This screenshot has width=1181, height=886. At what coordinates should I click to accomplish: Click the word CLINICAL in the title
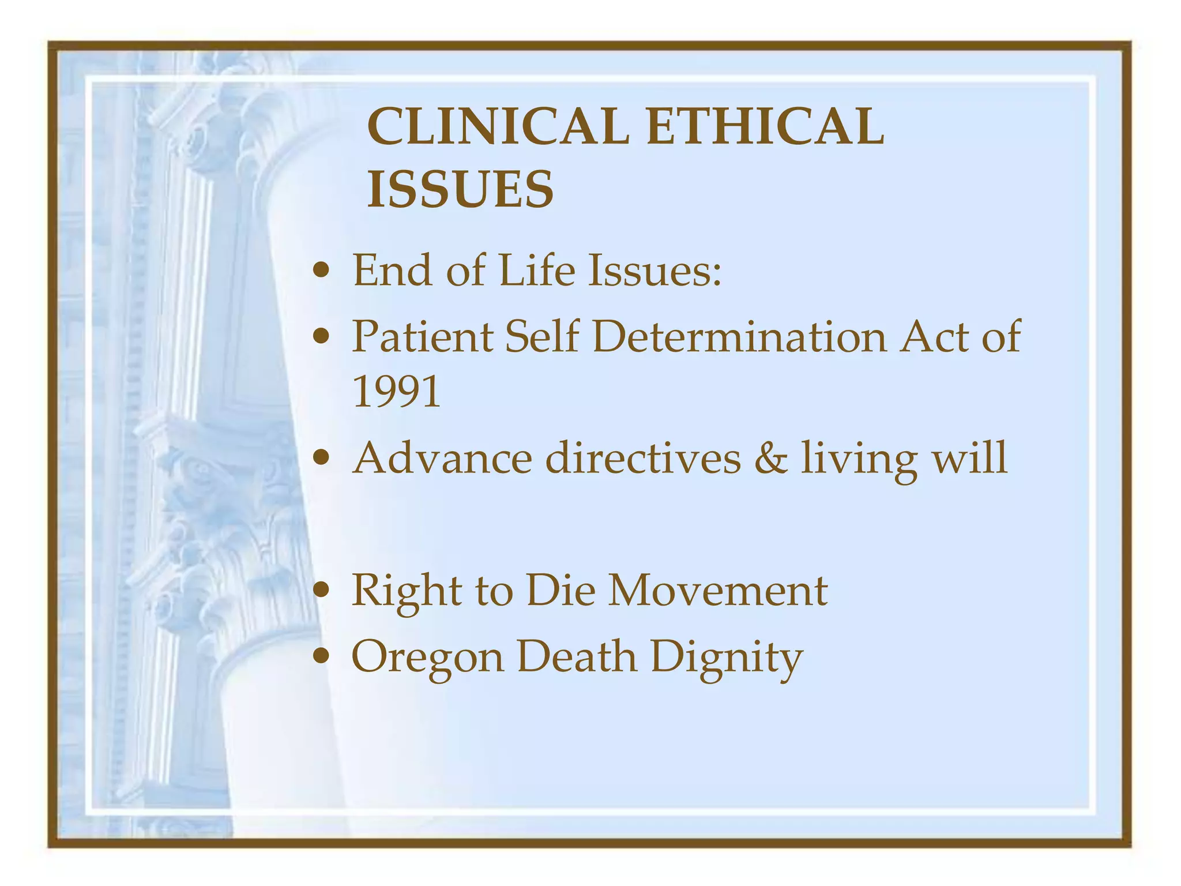click(497, 126)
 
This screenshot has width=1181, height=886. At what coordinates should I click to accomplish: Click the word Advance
click(442, 458)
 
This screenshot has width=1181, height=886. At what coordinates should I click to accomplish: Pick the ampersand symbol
click(770, 458)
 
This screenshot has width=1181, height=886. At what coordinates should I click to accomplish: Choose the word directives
click(643, 458)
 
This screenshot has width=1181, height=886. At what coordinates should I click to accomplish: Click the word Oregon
click(427, 658)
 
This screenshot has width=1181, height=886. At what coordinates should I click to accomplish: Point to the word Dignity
click(727, 658)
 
